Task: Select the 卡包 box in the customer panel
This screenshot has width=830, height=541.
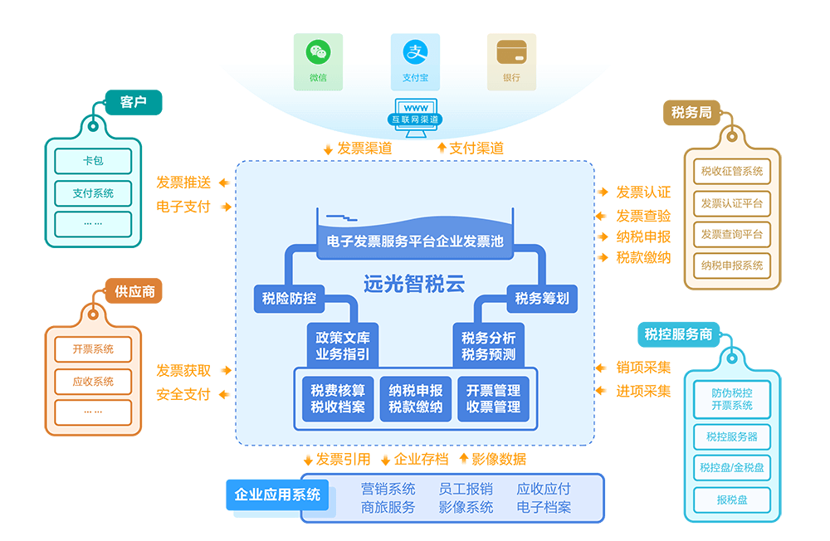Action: (93, 161)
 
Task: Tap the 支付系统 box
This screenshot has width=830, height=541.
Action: (93, 193)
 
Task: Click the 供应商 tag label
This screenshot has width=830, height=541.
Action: (134, 292)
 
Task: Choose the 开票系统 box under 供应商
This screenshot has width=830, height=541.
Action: (93, 349)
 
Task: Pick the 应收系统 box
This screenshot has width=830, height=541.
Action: (93, 382)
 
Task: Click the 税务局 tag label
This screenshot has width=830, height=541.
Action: (691, 113)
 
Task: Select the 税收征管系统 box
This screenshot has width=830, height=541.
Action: (731, 172)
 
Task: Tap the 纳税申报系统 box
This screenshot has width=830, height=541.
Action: (731, 266)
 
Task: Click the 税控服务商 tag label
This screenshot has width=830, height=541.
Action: (678, 334)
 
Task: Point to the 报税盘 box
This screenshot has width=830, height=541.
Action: (731, 500)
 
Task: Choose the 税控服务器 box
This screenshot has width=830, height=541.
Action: (731, 436)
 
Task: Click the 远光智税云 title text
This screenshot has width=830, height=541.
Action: (413, 284)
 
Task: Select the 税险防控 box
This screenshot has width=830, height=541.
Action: (289, 299)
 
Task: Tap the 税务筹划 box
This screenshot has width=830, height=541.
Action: (541, 299)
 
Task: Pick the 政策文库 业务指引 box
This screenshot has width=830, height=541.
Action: (342, 347)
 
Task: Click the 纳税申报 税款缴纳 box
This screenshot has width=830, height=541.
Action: (415, 399)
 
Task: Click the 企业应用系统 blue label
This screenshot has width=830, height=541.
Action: (277, 495)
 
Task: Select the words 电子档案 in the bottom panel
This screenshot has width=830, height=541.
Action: (544, 507)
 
